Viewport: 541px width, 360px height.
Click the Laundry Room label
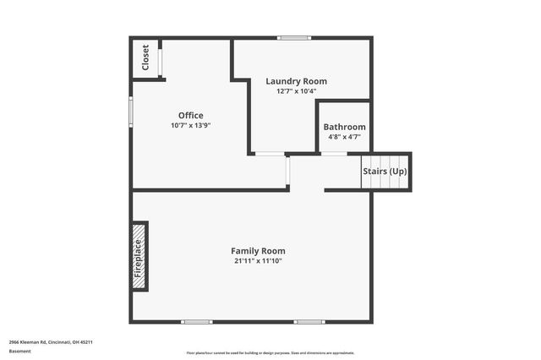point(296,81)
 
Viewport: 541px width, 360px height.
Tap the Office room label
point(190,116)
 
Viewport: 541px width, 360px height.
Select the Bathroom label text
point(344,127)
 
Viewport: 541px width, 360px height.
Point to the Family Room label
point(258,251)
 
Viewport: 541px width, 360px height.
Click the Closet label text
point(145,57)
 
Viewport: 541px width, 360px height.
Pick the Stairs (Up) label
point(385,172)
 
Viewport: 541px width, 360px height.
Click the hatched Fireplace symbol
point(139,257)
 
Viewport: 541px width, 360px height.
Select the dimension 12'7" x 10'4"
point(296,91)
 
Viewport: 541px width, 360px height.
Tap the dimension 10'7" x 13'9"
point(190,125)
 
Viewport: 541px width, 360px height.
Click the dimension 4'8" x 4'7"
point(344,136)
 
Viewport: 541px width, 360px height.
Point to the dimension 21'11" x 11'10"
point(258,261)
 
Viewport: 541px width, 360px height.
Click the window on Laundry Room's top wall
point(294,37)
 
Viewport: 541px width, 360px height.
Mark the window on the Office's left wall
point(130,111)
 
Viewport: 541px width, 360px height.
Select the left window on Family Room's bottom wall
point(197,321)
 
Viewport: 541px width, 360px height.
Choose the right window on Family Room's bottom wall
point(309,321)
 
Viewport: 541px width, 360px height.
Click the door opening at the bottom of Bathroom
point(334,154)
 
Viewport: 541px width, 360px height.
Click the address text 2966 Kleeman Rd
point(51,342)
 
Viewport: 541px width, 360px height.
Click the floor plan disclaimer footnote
point(270,352)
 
